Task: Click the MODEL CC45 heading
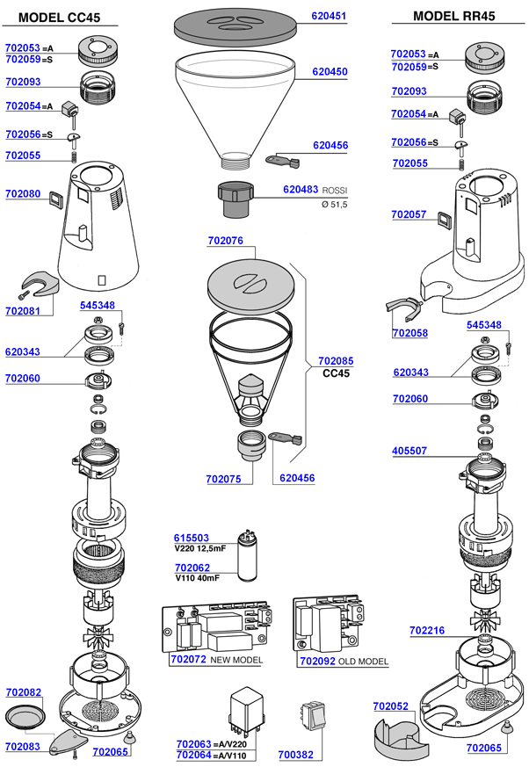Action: click(59, 17)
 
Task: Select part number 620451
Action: click(330, 15)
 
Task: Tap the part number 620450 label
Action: click(330, 72)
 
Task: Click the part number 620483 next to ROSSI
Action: click(301, 190)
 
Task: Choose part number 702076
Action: click(226, 241)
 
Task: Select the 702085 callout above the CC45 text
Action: click(336, 360)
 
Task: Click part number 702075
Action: click(224, 479)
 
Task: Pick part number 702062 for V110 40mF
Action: click(192, 568)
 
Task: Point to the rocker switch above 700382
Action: click(312, 717)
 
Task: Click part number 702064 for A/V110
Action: click(193, 755)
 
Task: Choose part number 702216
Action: click(427, 631)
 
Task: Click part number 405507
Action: click(409, 452)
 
